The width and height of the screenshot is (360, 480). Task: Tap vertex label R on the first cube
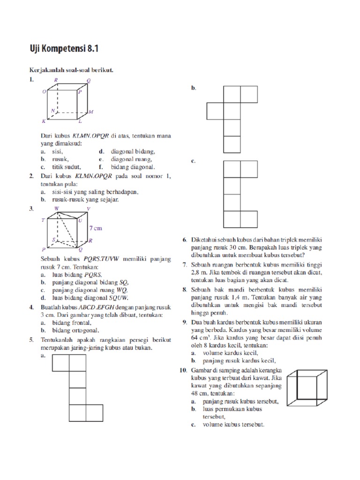pyautogui.click(x=56, y=81)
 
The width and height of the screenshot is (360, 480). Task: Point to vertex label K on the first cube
pyautogui.click(x=43, y=121)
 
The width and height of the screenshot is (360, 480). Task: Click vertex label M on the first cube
pyautogui.click(x=91, y=112)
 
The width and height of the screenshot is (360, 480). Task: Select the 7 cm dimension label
pyautogui.click(x=95, y=228)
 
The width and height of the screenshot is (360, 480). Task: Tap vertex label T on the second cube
pyautogui.click(x=43, y=219)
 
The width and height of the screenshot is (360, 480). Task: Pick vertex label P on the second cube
pyautogui.click(x=43, y=249)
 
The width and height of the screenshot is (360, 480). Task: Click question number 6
pyautogui.click(x=185, y=240)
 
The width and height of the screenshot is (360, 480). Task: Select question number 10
pyautogui.click(x=184, y=371)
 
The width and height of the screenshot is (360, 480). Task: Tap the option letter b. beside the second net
pyautogui.click(x=193, y=88)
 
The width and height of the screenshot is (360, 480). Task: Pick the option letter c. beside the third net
pyautogui.click(x=193, y=161)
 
